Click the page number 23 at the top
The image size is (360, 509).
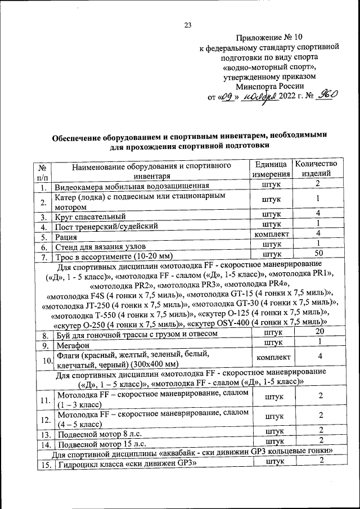(188, 24)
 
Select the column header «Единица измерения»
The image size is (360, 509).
(272, 169)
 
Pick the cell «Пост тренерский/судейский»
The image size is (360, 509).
(105, 226)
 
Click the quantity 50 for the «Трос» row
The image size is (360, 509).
(318, 254)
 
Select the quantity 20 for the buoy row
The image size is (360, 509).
(318, 333)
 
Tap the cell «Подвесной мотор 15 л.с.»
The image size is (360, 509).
(101, 444)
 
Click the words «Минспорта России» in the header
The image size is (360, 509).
(269, 86)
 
